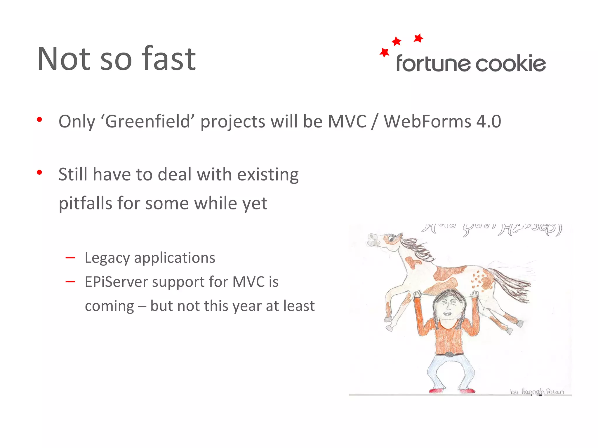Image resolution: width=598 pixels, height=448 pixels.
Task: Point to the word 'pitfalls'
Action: pyautogui.click(x=85, y=203)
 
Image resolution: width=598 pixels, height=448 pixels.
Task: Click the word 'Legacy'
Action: pyautogui.click(x=107, y=258)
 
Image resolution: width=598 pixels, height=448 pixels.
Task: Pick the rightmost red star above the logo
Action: pyautogui.click(x=418, y=38)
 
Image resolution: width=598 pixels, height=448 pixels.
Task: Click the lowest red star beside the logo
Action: pyautogui.click(x=384, y=53)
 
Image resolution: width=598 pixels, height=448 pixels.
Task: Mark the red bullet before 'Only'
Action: pyautogui.click(x=39, y=120)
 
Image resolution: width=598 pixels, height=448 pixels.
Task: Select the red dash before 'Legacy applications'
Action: pyautogui.click(x=70, y=258)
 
